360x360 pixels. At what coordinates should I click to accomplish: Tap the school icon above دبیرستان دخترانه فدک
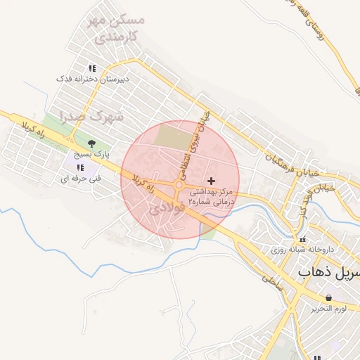coord(91,69)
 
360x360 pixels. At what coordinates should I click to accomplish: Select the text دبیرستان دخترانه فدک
coord(91,79)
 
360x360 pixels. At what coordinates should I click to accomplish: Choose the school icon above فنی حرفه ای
coord(79,167)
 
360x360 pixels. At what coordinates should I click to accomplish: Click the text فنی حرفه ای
coord(79,179)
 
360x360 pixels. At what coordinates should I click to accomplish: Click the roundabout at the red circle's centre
coord(179,185)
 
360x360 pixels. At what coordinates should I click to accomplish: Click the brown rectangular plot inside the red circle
coord(172,136)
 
